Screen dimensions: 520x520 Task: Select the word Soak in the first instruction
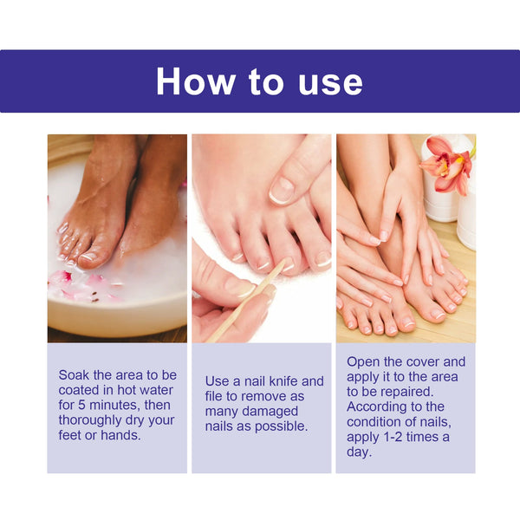pos(75,375)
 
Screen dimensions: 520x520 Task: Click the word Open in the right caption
pos(364,361)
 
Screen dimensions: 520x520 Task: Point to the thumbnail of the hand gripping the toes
pos(283,189)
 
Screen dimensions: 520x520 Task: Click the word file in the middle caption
pos(217,396)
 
